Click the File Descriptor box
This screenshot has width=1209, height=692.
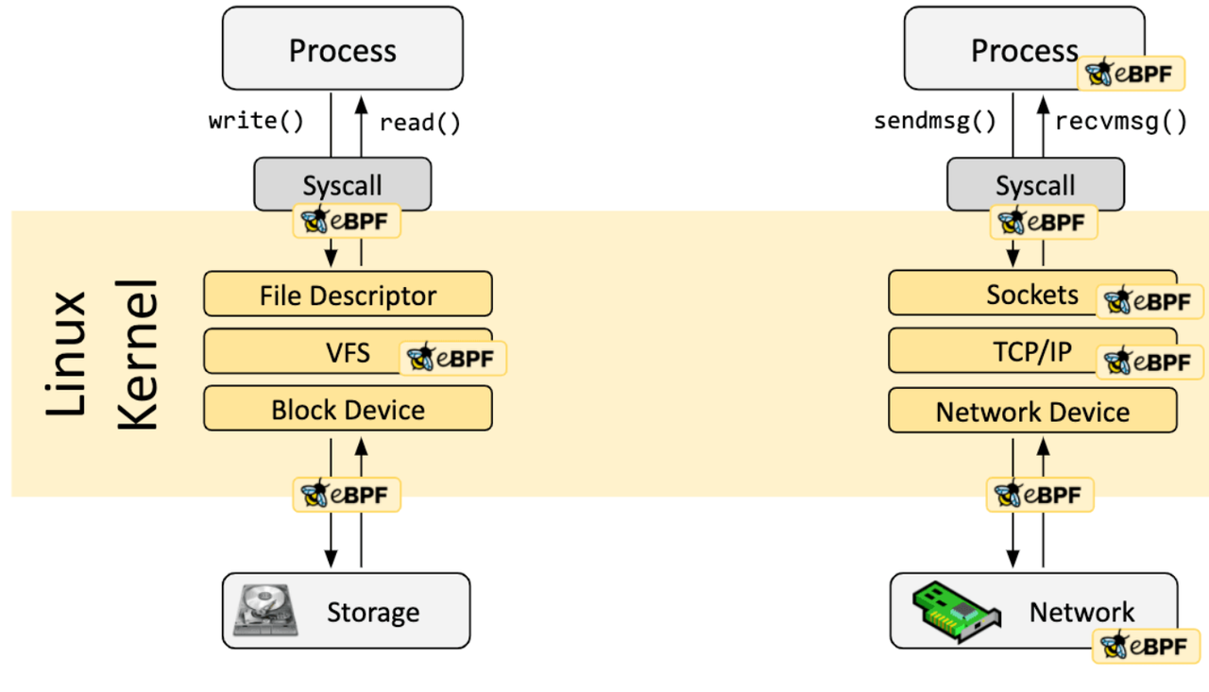click(x=348, y=295)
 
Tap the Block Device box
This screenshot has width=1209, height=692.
click(x=348, y=410)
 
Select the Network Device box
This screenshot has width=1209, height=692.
click(x=1032, y=412)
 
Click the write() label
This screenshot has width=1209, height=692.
click(x=256, y=121)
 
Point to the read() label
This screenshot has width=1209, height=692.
click(x=419, y=122)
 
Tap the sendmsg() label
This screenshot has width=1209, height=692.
click(x=935, y=121)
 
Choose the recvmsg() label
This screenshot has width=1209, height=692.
click(x=1120, y=121)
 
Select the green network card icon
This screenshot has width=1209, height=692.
click(x=957, y=611)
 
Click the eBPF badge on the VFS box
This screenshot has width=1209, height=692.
click(x=452, y=359)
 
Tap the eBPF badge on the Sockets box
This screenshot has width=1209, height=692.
click(x=1149, y=302)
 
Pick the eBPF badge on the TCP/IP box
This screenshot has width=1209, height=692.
click(x=1149, y=362)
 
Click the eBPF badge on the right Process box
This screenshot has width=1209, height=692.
click(x=1131, y=74)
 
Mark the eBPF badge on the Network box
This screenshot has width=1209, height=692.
click(x=1146, y=647)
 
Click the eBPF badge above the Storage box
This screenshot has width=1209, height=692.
click(x=347, y=494)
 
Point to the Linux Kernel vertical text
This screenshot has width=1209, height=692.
click(x=101, y=354)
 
